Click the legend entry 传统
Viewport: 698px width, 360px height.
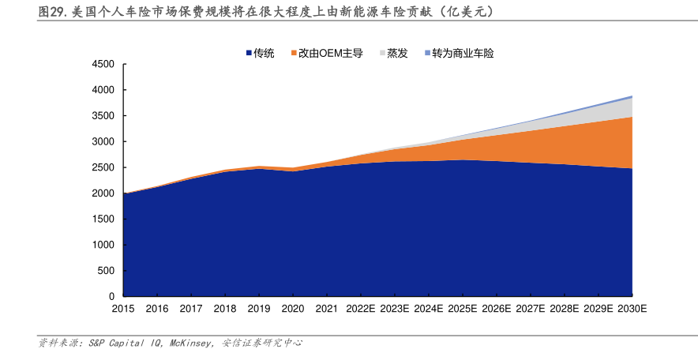264,53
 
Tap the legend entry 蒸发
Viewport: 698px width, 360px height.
397,53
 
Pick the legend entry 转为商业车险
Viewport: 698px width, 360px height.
463,53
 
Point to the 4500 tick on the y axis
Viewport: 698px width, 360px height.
103,64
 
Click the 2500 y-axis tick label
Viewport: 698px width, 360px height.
103,167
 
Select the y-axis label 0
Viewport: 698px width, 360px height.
112,296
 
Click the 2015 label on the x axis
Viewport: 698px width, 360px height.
124,309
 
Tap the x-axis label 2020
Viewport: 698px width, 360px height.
293,309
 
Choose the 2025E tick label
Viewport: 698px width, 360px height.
463,309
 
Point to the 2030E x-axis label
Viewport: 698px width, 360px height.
632,309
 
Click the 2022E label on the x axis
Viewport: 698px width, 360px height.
361,309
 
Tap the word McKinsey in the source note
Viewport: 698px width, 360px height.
190,343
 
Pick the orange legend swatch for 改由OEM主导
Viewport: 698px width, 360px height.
294,53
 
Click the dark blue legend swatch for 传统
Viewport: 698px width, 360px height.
249,53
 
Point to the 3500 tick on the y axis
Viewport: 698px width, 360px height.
103,115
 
